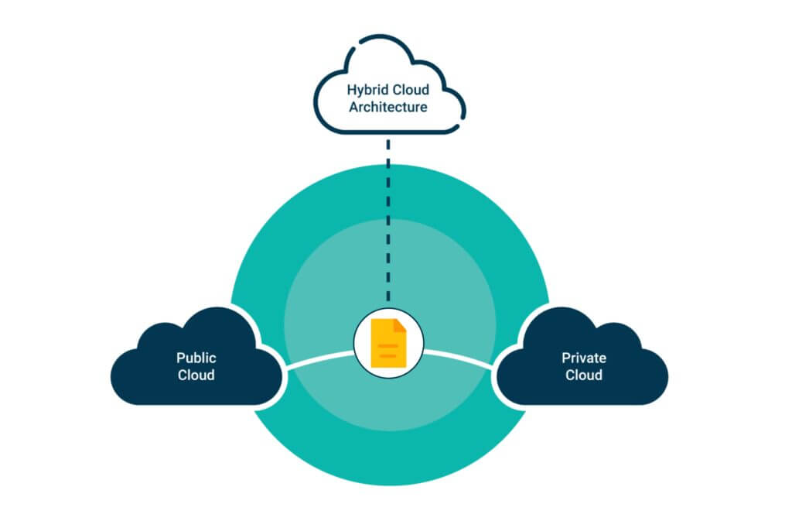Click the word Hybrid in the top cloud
point(367,90)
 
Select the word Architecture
point(387,108)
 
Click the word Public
point(196,358)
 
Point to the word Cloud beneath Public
point(196,375)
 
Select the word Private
point(583,358)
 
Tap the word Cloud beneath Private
point(583,375)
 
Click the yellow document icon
point(388,343)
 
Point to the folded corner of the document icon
point(400,324)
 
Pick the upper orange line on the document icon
point(387,345)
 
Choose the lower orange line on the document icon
point(387,356)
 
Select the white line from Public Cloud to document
point(321,358)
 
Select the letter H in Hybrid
point(351,90)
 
